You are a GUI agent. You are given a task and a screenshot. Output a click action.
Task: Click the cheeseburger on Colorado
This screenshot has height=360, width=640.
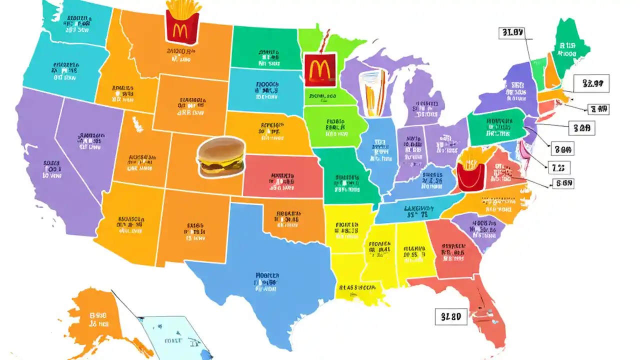click(221, 157)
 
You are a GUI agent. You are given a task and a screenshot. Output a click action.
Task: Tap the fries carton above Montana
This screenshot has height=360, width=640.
click(182, 22)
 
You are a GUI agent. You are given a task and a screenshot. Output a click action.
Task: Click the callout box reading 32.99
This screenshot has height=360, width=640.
click(592, 83)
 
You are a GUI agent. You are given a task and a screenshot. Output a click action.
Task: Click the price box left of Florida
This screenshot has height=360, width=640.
click(451, 316)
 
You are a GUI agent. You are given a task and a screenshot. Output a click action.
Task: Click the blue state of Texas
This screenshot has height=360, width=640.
click(265, 280)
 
